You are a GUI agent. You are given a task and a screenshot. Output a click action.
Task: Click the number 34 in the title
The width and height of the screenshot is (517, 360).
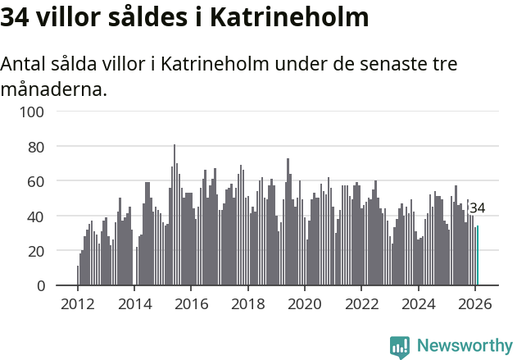[16, 18]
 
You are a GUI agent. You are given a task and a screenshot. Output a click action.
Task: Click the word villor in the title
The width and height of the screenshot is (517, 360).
[69, 18]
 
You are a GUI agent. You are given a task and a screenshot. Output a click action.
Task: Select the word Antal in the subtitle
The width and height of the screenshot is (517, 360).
[25, 65]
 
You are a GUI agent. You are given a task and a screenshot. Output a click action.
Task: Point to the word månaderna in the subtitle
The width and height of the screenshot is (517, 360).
[53, 89]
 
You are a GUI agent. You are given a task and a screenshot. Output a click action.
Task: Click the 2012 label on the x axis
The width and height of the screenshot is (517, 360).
[78, 303]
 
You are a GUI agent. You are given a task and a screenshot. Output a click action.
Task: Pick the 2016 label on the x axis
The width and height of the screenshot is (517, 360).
[191, 303]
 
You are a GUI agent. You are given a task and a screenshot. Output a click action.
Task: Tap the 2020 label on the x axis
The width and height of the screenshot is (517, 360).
[305, 303]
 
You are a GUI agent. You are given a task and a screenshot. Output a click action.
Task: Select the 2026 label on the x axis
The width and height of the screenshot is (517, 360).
[475, 303]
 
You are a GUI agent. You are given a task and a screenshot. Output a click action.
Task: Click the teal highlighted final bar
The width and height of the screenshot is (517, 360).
[478, 256]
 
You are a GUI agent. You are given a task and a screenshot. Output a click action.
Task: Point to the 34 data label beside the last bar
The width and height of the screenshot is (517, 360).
[477, 208]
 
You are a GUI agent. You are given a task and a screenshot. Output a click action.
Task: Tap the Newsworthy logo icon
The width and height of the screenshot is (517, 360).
[400, 347]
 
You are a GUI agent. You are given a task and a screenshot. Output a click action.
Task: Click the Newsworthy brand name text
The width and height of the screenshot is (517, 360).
[464, 346]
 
